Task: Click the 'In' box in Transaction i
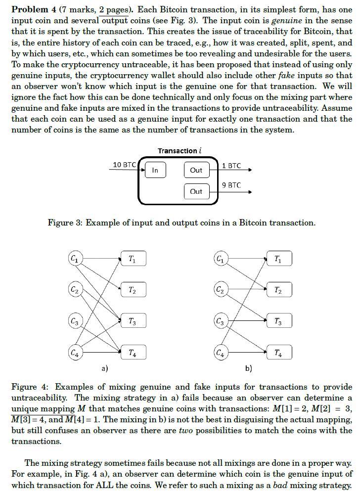click(x=155, y=170)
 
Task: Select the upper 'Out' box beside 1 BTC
click(x=196, y=170)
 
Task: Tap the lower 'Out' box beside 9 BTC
click(x=196, y=191)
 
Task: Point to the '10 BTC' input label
click(x=124, y=165)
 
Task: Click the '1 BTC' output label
click(x=231, y=166)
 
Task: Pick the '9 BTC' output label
click(x=231, y=185)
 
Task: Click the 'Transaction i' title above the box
click(x=180, y=150)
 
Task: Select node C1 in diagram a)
click(x=75, y=258)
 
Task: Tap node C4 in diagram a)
click(x=75, y=353)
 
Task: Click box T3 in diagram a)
click(x=133, y=321)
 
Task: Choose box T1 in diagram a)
click(x=133, y=259)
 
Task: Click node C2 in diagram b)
click(x=221, y=290)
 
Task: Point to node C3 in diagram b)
click(x=221, y=321)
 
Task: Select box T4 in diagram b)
click(x=278, y=353)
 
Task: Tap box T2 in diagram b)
click(x=278, y=290)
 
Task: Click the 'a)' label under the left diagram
click(x=104, y=368)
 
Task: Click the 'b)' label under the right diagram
click(x=248, y=368)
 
